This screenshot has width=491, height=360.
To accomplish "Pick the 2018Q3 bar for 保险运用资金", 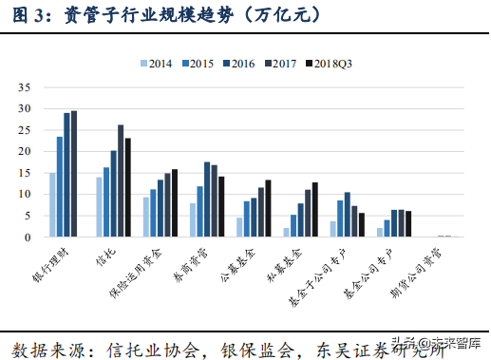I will point(175,203).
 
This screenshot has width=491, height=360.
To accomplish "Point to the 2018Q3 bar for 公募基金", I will point(268,208).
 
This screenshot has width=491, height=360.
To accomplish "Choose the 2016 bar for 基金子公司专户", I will point(348,215).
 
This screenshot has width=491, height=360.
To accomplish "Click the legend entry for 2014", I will point(156,63).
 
